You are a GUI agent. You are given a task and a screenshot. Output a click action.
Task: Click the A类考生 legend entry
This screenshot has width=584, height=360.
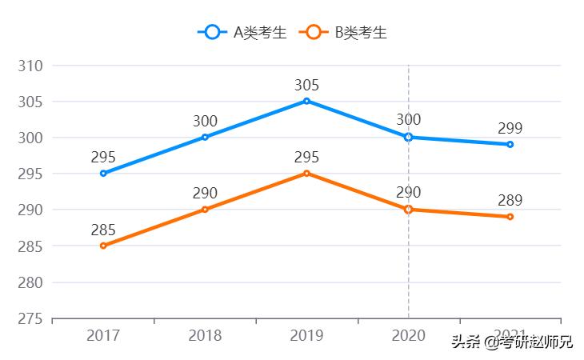[242, 32]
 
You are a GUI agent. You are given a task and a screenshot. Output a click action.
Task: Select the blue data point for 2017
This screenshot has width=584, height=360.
[103, 174]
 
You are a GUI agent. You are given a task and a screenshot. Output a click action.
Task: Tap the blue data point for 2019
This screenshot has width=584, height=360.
[306, 101]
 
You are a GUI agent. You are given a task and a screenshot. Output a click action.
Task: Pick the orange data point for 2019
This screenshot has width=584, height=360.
[306, 174]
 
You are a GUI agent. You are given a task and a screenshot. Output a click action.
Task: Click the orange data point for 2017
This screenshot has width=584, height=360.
[103, 246]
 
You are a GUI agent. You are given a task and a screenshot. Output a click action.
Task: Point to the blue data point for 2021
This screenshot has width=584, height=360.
[510, 144]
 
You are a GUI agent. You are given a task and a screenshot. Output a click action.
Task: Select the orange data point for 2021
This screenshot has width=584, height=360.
[510, 217]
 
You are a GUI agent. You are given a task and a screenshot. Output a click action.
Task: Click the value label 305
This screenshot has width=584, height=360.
[306, 85]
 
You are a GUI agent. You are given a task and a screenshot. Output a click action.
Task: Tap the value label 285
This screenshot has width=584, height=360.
[103, 230]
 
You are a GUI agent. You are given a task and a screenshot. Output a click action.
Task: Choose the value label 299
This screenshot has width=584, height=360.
[510, 128]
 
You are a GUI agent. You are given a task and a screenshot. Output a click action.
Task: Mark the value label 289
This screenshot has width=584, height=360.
[510, 201]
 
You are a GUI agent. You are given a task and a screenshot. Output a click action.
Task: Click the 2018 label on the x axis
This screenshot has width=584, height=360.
[205, 336]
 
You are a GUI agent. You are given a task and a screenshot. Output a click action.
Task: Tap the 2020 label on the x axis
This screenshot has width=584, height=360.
[409, 336]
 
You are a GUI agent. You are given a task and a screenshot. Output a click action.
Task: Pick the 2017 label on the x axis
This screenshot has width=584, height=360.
[103, 336]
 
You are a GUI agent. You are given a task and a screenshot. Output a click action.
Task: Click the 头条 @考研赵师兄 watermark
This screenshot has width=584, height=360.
[512, 342]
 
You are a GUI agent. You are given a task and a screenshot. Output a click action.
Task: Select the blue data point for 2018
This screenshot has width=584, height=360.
[205, 137]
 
